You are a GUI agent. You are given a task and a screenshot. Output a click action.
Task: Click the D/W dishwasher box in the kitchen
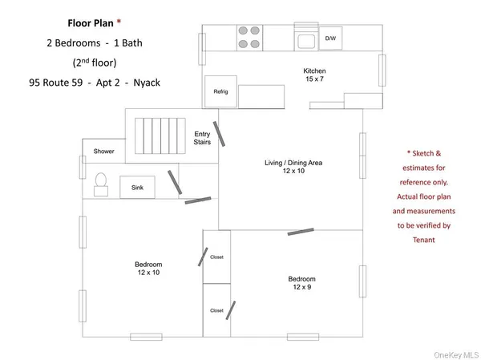pos(329,38)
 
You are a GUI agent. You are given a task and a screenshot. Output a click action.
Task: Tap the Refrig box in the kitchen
pos(220,91)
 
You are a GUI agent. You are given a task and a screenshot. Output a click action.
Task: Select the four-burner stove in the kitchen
pos(250,38)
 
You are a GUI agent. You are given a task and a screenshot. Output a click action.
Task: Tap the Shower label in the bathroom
pos(103,151)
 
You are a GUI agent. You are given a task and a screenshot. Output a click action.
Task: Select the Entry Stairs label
pos(202,138)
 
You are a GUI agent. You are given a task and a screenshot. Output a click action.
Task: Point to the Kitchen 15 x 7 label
pos(314,75)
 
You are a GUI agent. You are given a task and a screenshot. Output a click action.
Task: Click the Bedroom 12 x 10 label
pos(148,269)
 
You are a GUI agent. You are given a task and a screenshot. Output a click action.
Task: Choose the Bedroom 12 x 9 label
pos(301,283)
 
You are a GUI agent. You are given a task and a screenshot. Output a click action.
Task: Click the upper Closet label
pos(216,257)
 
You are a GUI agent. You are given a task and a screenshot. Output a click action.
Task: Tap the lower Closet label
pos(216,309)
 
